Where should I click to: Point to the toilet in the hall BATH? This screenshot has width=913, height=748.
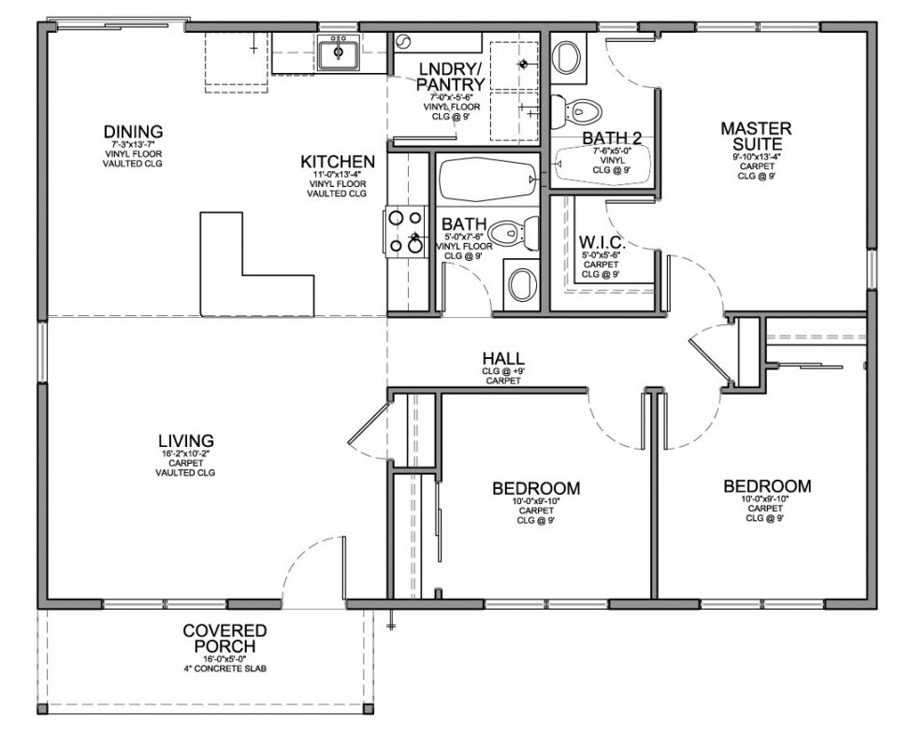(x=514, y=232)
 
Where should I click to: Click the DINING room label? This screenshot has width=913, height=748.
(x=133, y=132)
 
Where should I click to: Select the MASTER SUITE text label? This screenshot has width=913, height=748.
(x=756, y=136)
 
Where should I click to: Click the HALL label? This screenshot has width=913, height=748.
(x=502, y=359)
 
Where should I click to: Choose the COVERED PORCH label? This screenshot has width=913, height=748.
(x=225, y=639)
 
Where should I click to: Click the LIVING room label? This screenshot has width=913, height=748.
(x=186, y=439)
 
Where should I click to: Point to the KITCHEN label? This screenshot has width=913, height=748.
(x=338, y=161)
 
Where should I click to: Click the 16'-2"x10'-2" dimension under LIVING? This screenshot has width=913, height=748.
(x=186, y=453)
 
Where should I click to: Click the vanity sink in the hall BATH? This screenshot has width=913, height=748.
(x=521, y=281)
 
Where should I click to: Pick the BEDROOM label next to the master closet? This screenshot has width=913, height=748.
(x=766, y=487)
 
